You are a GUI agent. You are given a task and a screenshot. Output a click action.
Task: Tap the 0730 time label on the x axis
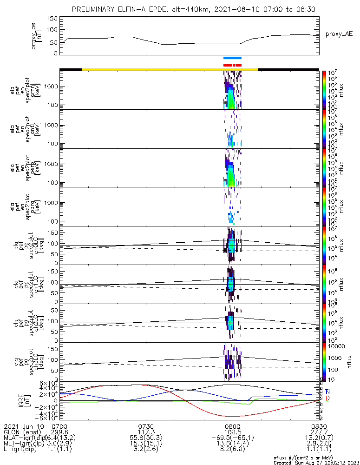pyautogui.click(x=146, y=426)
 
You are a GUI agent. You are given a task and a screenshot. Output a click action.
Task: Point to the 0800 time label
pyautogui.click(x=232, y=426)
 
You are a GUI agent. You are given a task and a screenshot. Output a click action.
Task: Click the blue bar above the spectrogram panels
pyautogui.click(x=232, y=58)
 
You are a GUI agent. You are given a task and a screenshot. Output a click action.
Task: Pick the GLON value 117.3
pyautogui.click(x=146, y=432)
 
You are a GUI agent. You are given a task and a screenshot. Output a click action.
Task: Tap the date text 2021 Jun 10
pyautogui.click(x=23, y=426)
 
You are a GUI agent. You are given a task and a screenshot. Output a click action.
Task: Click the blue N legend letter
pyautogui.click(x=327, y=392)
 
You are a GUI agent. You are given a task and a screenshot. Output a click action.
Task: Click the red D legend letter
pyautogui.click(x=327, y=399)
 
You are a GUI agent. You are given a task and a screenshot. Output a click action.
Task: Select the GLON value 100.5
pyautogui.click(x=232, y=432)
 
